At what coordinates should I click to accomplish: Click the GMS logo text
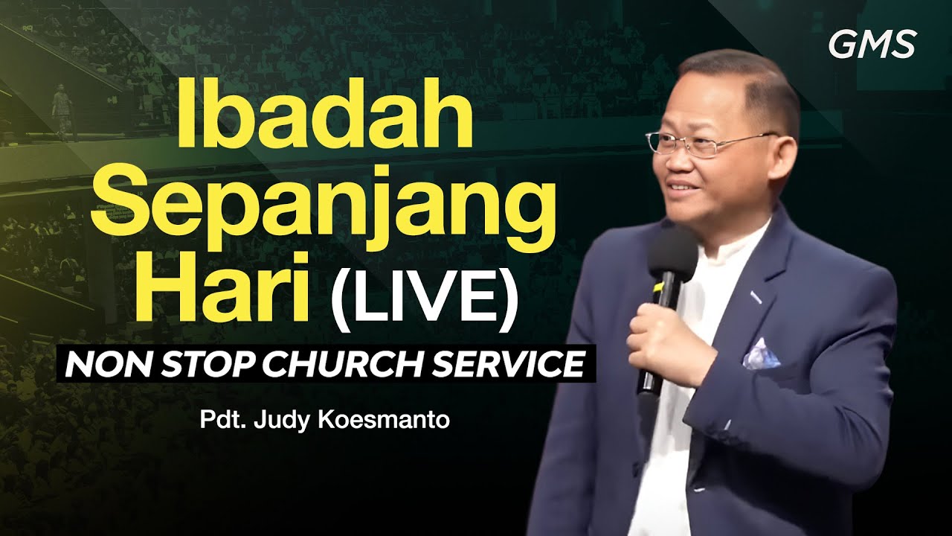point(872,45)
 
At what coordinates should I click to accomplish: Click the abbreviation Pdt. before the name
point(216,421)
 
